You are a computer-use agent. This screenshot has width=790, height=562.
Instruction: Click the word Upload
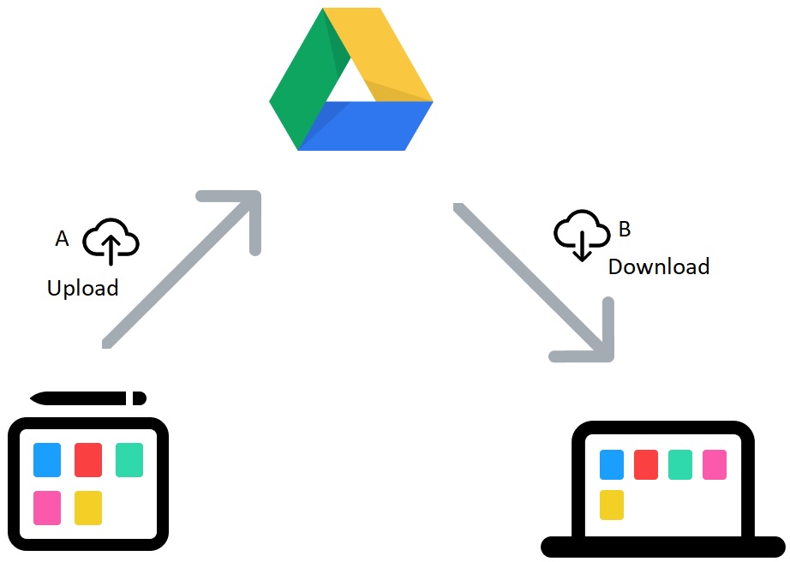82,289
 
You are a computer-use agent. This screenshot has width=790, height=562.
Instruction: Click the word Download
658,266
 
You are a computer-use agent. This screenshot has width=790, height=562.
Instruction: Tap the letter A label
62,239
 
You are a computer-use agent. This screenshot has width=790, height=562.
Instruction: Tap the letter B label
624,230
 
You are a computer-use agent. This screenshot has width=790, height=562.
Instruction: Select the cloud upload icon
111,241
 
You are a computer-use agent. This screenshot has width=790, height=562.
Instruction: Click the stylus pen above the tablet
88,398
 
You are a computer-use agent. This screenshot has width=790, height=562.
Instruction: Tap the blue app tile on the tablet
47,460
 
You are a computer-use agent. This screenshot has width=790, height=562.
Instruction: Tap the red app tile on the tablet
88,460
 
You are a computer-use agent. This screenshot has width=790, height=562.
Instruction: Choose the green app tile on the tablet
129,460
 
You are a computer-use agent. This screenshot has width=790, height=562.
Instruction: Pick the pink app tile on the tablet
47,507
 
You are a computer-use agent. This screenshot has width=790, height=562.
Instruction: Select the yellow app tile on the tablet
88,507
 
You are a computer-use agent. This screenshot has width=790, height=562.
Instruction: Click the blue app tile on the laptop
612,464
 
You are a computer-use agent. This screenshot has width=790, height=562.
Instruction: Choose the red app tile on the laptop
646,464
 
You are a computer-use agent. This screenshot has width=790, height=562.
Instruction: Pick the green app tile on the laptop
680,464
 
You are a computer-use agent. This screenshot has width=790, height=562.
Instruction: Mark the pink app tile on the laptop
715,464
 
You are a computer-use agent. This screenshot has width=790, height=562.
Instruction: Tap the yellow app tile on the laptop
612,505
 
